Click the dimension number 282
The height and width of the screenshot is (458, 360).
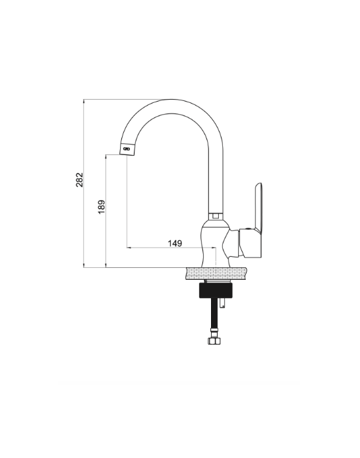[79, 180]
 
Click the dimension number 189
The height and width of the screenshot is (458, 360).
[102, 207]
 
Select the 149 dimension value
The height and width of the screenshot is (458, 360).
[175, 243]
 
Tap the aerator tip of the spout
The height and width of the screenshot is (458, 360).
[127, 149]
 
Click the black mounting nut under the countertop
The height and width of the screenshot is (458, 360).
[216, 290]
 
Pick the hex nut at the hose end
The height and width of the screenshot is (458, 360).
[214, 341]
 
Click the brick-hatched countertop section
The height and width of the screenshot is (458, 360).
[216, 273]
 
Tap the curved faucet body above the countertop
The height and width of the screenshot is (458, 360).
[216, 245]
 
